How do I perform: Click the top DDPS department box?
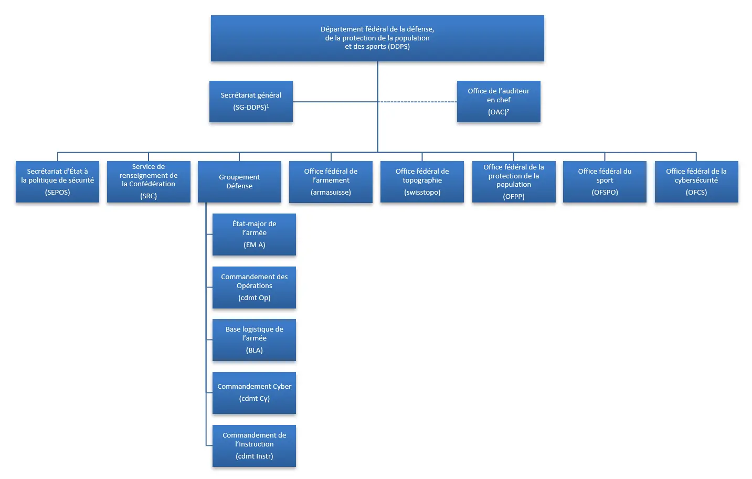[377, 38]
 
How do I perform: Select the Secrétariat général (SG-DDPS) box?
[251, 101]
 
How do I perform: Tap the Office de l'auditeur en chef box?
[499, 101]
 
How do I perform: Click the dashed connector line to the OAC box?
[417, 102]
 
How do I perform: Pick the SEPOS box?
[57, 182]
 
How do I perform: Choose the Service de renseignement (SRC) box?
[149, 182]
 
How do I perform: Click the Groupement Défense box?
[239, 182]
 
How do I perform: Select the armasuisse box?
[331, 182]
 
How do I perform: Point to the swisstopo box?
[422, 182]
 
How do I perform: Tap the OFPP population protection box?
[514, 182]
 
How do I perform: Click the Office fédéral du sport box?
[605, 182]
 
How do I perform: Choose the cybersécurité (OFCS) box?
[696, 182]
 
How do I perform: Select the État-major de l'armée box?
[254, 235]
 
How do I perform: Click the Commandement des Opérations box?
[254, 288]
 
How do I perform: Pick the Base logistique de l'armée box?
[254, 340]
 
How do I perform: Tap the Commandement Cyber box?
[254, 393]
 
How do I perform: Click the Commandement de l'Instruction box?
[254, 446]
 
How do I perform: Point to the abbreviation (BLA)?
[255, 350]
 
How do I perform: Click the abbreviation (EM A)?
[255, 245]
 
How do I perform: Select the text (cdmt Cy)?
[255, 398]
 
